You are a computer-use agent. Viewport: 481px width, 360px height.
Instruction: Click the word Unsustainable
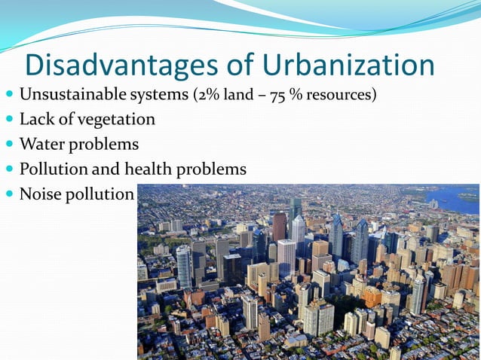[67, 96]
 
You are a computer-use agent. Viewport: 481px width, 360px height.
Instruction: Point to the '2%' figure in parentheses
[206, 96]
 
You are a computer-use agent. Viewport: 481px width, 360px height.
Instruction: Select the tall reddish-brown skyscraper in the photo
[279, 226]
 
